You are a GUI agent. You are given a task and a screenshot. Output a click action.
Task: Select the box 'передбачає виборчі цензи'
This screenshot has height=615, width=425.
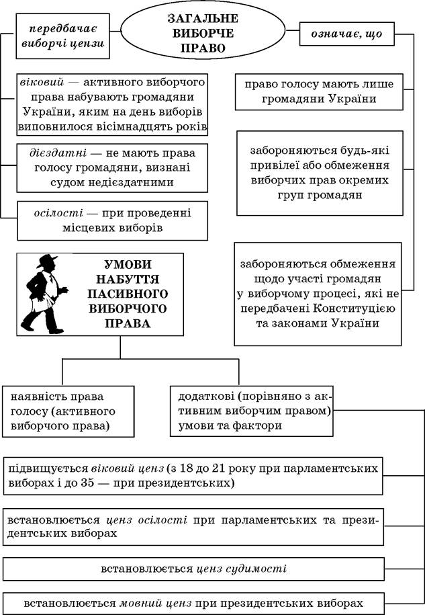62,36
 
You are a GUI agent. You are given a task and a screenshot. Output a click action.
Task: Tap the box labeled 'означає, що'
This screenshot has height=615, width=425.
346,34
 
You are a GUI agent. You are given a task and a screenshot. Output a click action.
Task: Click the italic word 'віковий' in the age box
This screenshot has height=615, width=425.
42,83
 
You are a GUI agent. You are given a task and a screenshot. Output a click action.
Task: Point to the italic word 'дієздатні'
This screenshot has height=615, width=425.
58,153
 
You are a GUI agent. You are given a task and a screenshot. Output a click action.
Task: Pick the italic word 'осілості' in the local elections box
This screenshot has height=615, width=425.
58,213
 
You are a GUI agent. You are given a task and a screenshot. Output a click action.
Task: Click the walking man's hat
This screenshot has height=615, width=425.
46,261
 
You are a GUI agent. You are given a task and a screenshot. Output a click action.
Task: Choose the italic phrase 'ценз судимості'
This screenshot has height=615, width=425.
241,569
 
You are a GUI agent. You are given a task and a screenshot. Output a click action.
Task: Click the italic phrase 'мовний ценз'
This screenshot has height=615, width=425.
155,603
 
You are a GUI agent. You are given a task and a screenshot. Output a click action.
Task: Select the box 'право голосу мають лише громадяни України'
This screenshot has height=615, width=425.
319,92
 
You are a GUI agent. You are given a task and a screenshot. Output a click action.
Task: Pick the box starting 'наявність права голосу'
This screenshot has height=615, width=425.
68,411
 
